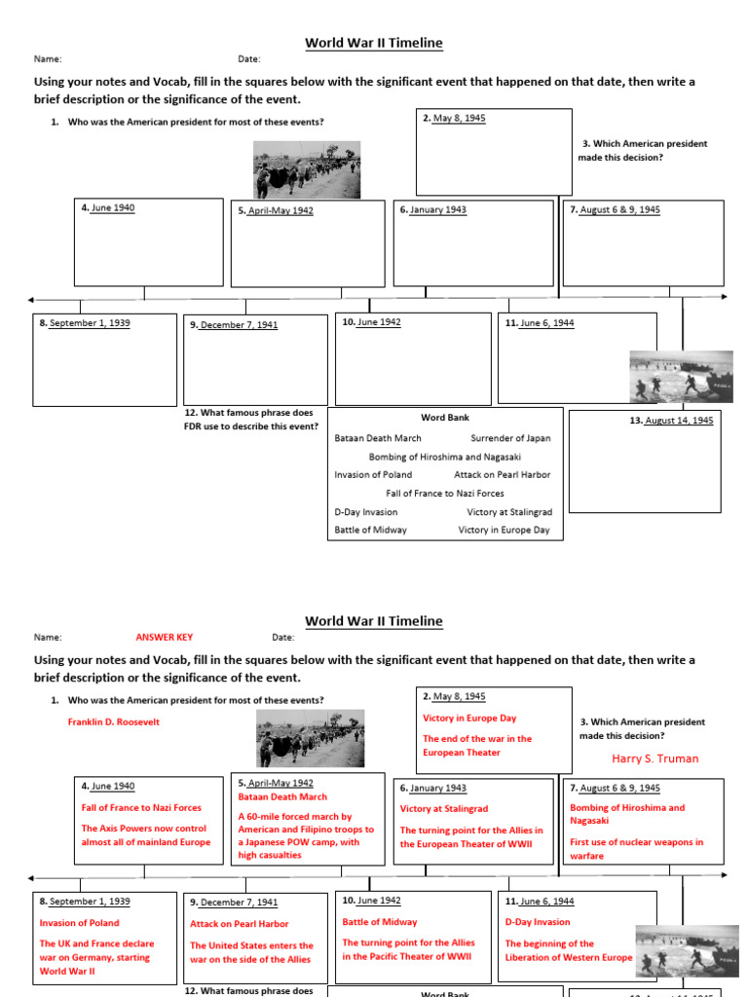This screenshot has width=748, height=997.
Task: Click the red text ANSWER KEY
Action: click(x=164, y=638)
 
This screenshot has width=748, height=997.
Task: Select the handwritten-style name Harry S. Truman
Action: click(x=654, y=758)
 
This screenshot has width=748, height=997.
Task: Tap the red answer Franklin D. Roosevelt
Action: click(x=113, y=722)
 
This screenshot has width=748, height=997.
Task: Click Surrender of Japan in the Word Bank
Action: click(x=510, y=438)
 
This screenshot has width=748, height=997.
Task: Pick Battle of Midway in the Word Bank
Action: click(x=370, y=530)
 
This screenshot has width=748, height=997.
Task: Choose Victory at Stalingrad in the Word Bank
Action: click(x=508, y=511)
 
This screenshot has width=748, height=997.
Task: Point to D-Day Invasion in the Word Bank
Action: click(x=365, y=511)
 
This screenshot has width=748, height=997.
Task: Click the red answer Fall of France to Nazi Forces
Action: click(x=141, y=808)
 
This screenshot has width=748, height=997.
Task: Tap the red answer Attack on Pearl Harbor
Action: click(x=239, y=924)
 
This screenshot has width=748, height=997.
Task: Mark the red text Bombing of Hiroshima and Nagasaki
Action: click(x=627, y=814)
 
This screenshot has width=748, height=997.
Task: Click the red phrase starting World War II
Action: click(x=68, y=971)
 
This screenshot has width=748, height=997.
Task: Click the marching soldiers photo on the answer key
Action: click(x=310, y=738)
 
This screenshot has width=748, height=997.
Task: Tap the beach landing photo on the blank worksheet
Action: click(x=681, y=376)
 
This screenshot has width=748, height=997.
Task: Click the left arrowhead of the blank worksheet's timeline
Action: click(x=32, y=299)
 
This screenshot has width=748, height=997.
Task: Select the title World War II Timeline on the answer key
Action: click(x=374, y=621)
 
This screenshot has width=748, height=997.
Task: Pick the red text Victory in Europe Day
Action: click(x=469, y=719)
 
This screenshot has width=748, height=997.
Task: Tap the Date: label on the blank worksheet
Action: click(x=249, y=59)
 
